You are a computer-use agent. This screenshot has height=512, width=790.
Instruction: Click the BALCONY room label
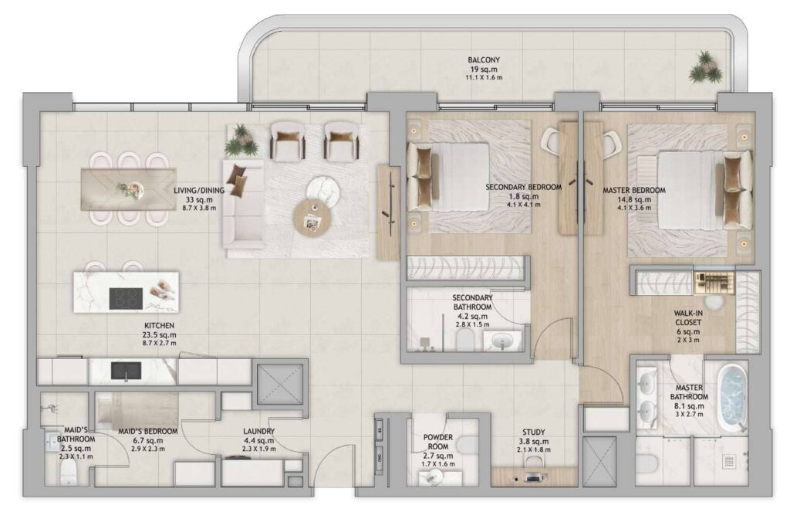(x=483, y=60)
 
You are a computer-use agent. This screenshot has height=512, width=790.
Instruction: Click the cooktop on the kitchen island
(x=126, y=298)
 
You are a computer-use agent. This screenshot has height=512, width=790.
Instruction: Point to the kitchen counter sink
(x=126, y=371)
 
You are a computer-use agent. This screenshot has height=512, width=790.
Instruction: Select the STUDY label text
(x=533, y=432)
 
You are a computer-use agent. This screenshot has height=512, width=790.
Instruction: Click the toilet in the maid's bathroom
(x=68, y=474)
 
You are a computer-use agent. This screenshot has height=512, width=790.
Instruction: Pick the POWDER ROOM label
(x=438, y=442)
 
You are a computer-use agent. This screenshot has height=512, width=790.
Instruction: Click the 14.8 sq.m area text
(x=634, y=199)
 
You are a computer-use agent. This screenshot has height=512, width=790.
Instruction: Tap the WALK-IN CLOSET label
(x=688, y=318)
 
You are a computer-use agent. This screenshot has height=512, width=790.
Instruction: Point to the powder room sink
(x=434, y=476)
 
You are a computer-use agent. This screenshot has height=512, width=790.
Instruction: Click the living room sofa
(x=244, y=205)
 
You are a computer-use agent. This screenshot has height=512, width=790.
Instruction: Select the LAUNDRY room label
(x=259, y=432)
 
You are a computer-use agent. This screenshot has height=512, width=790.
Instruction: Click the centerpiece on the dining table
(x=130, y=189)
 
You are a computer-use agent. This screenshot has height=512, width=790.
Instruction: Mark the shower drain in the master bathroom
(x=728, y=461)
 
